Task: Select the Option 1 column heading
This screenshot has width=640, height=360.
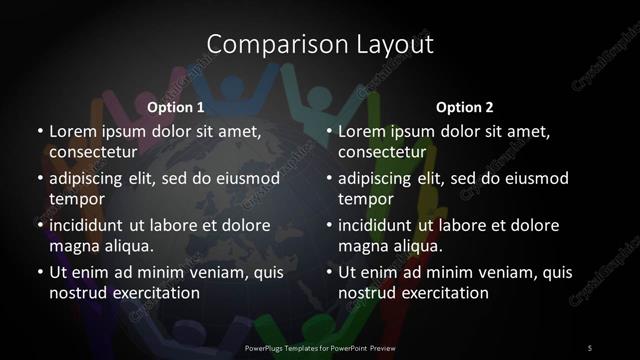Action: pyautogui.click(x=176, y=107)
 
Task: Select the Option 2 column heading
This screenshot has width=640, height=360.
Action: pyautogui.click(x=465, y=107)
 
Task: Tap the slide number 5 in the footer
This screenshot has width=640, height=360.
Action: pyautogui.click(x=590, y=347)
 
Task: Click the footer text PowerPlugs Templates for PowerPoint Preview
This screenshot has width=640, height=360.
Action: pyautogui.click(x=320, y=347)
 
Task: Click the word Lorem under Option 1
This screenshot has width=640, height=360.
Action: pyautogui.click(x=72, y=131)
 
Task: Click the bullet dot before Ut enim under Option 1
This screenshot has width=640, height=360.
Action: pyautogui.click(x=39, y=272)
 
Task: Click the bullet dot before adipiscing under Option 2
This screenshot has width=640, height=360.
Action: pyautogui.click(x=329, y=178)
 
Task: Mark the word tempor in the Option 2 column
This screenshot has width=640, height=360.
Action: pyautogui.click(x=363, y=199)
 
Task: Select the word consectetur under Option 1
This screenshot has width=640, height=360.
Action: pyautogui.click(x=91, y=152)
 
